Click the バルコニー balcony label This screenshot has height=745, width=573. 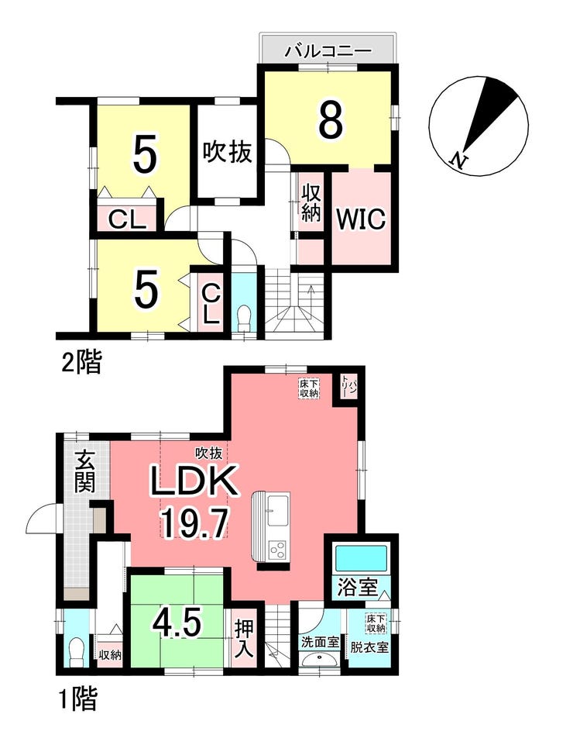click(x=328, y=51)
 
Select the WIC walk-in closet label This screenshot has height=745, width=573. click(x=362, y=219)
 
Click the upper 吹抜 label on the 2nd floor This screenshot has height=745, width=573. click(x=227, y=153)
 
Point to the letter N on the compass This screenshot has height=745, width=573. click(x=458, y=160)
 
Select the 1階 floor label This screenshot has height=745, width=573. click(x=78, y=699)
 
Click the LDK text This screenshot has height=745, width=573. click(x=194, y=481)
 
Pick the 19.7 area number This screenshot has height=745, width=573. click(x=194, y=523)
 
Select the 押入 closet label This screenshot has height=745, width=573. click(x=245, y=638)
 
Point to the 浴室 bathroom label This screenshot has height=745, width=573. click(x=358, y=588)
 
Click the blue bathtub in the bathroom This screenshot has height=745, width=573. click(x=362, y=559)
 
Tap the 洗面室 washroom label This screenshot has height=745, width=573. click(x=320, y=643)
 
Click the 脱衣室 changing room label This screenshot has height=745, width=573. click(x=370, y=647)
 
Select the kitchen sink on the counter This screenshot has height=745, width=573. click(x=277, y=511)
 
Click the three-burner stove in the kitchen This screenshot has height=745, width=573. click(x=277, y=550)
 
